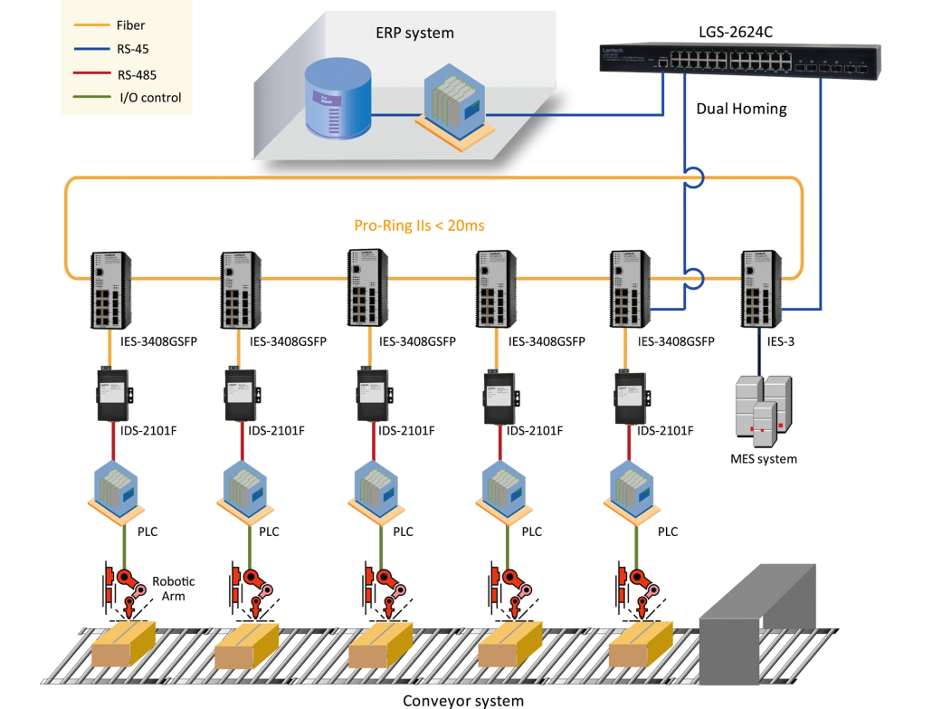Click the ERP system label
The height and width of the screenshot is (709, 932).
[x=414, y=34]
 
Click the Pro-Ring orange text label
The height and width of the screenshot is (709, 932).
[x=419, y=225]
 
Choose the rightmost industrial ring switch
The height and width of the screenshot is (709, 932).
[x=759, y=289]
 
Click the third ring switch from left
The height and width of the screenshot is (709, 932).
[x=367, y=287]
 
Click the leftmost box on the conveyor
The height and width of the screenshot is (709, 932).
[x=125, y=644]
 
